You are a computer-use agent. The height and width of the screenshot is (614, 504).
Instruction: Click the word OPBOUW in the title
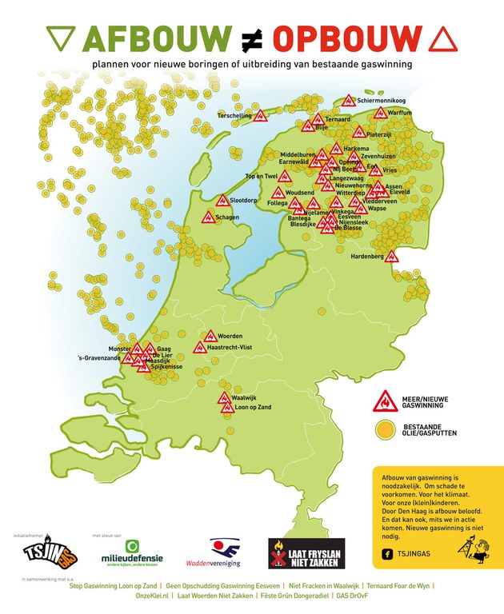point(346,37)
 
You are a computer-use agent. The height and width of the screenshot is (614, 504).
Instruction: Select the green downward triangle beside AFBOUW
point(60,37)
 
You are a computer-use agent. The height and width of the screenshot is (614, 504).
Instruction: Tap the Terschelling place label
point(236,115)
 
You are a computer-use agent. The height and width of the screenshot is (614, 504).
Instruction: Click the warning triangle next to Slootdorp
point(222,201)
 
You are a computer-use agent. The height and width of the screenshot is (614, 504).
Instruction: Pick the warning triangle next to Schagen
point(208,217)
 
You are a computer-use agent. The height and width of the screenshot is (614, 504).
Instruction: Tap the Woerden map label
point(230,336)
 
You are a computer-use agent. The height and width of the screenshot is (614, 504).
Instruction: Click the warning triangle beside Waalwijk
point(224,397)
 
